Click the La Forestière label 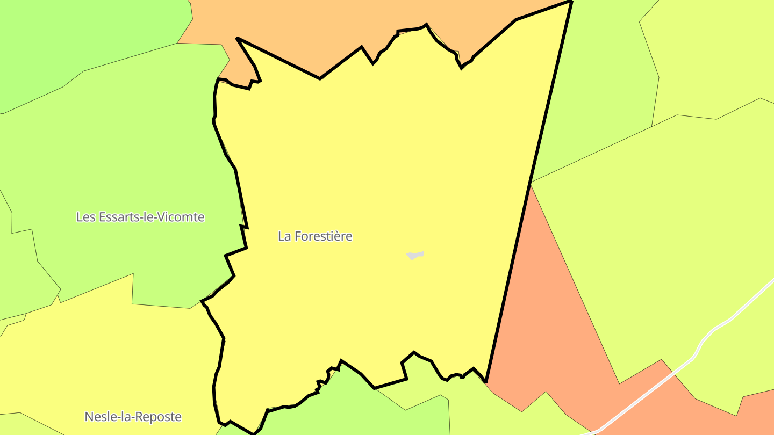[315, 236]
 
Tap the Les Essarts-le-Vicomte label [140, 217]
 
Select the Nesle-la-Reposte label [133, 417]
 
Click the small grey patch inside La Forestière [414, 255]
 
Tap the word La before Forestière [284, 236]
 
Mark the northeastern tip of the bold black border [571, 2]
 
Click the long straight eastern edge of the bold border [529, 188]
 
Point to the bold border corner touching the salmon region [486, 381]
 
